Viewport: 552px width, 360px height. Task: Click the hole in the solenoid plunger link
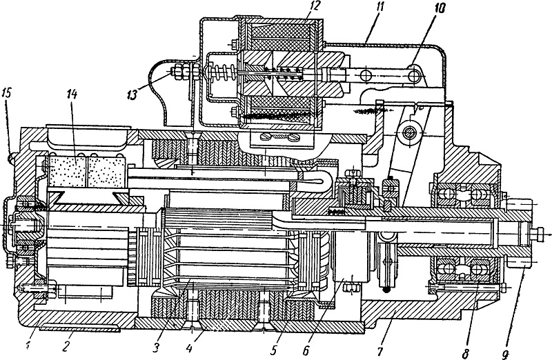365,75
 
